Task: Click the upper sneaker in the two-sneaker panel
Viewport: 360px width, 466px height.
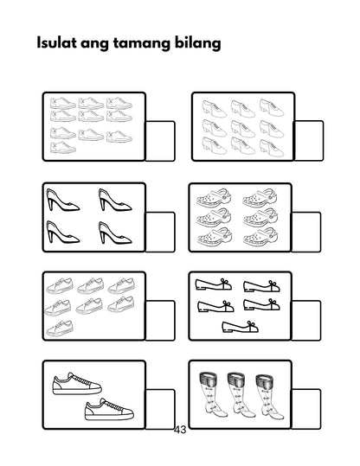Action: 76,382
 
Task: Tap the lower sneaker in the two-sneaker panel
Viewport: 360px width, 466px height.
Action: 109,409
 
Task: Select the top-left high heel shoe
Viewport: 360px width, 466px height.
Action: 62,204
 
